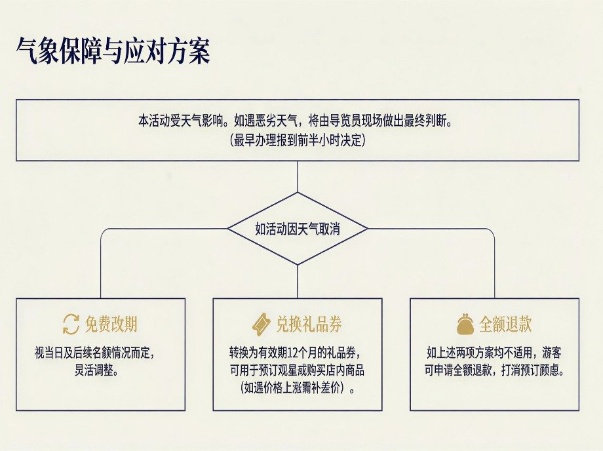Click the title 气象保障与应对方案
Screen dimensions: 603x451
[113, 50]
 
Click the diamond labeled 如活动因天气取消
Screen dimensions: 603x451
[298, 193]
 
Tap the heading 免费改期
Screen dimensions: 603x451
[111, 324]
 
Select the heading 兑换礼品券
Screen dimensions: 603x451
[309, 324]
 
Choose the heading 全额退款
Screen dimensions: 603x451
[505, 324]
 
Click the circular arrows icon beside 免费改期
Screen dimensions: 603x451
[71, 324]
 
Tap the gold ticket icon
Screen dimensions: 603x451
[262, 324]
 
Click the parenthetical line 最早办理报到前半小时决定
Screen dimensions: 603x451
[298, 140]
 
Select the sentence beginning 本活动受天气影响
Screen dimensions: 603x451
[295, 121]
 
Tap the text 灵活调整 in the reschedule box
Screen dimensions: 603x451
[96, 370]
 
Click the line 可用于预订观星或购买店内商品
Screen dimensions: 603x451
[297, 370]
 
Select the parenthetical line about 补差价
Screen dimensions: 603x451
[298, 388]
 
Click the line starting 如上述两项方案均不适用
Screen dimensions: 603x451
[494, 352]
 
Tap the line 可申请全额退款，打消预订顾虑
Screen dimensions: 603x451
[494, 370]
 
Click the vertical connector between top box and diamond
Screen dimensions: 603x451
[298, 176]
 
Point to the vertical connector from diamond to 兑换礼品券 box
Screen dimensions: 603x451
[298, 281]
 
